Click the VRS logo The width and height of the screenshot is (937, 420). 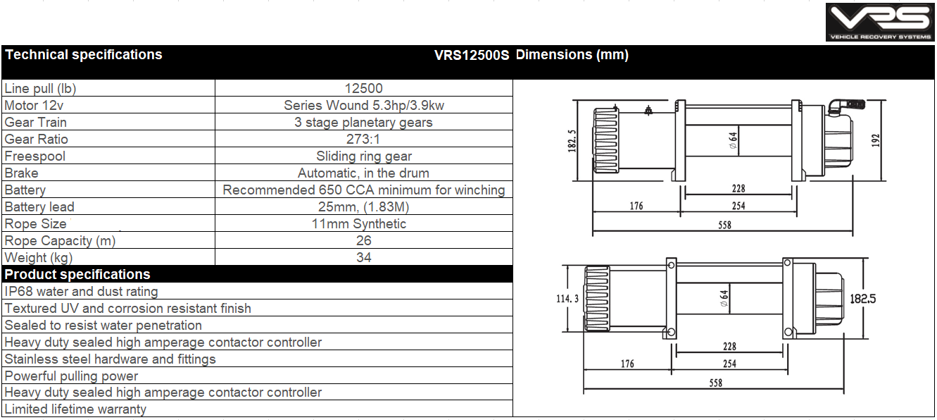coord(880,22)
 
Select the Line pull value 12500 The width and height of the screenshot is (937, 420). coord(364,88)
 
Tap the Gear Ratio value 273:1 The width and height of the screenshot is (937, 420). coord(364,139)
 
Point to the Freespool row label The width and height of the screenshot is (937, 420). coord(34,156)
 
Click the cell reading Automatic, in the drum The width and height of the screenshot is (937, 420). coord(364,173)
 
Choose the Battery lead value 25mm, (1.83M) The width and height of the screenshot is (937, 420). coord(364,206)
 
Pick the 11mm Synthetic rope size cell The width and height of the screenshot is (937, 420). coord(359,223)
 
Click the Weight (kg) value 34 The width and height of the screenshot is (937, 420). coord(364,257)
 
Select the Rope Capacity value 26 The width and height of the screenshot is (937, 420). coord(364,240)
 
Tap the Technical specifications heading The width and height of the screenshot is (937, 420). coord(84,55)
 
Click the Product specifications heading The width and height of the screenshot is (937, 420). coord(77,274)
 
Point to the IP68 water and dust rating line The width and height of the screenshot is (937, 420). coord(82,291)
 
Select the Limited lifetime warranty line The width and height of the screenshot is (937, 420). coord(76,409)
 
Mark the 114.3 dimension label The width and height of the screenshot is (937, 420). coord(568,299)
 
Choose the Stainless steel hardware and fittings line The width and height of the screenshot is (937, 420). coord(111,359)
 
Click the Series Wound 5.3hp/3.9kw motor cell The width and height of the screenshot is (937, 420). coord(364,105)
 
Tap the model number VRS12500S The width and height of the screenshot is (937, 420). coord(471,55)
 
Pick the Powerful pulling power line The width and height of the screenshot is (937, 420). coord(72,376)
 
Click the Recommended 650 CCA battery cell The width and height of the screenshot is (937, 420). coord(364,190)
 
